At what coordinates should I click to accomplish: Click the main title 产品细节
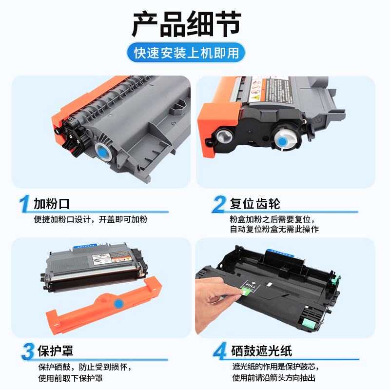pos(186,24)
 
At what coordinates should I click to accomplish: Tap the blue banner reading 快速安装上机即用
pos(186,53)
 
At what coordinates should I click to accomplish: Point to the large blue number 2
pos(219,204)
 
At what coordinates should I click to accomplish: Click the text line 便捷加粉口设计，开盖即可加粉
pos(90,219)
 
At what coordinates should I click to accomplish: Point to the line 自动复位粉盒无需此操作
pos(274,229)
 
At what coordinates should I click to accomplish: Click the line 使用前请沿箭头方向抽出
pos(274,378)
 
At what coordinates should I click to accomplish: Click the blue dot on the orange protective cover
pos(117,304)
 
